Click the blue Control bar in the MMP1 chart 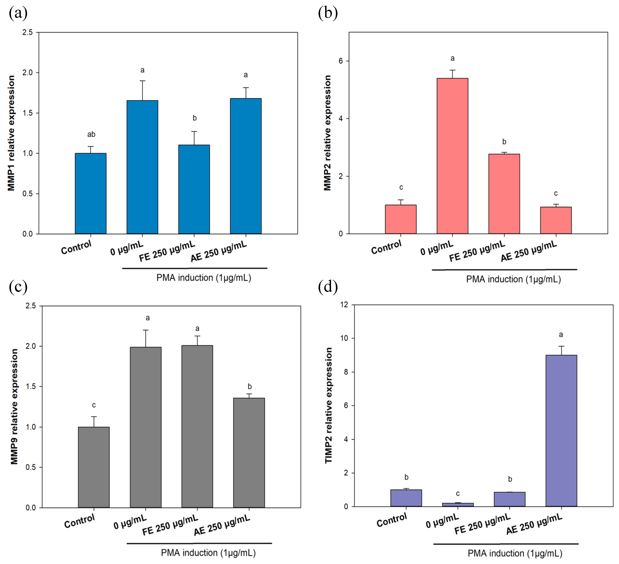91,193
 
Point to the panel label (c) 18,287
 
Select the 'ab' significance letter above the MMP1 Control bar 91,134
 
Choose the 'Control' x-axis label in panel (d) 391,520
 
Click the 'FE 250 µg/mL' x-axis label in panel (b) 477,251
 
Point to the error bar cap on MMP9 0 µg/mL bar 146,330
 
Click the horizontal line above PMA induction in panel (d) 506,544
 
